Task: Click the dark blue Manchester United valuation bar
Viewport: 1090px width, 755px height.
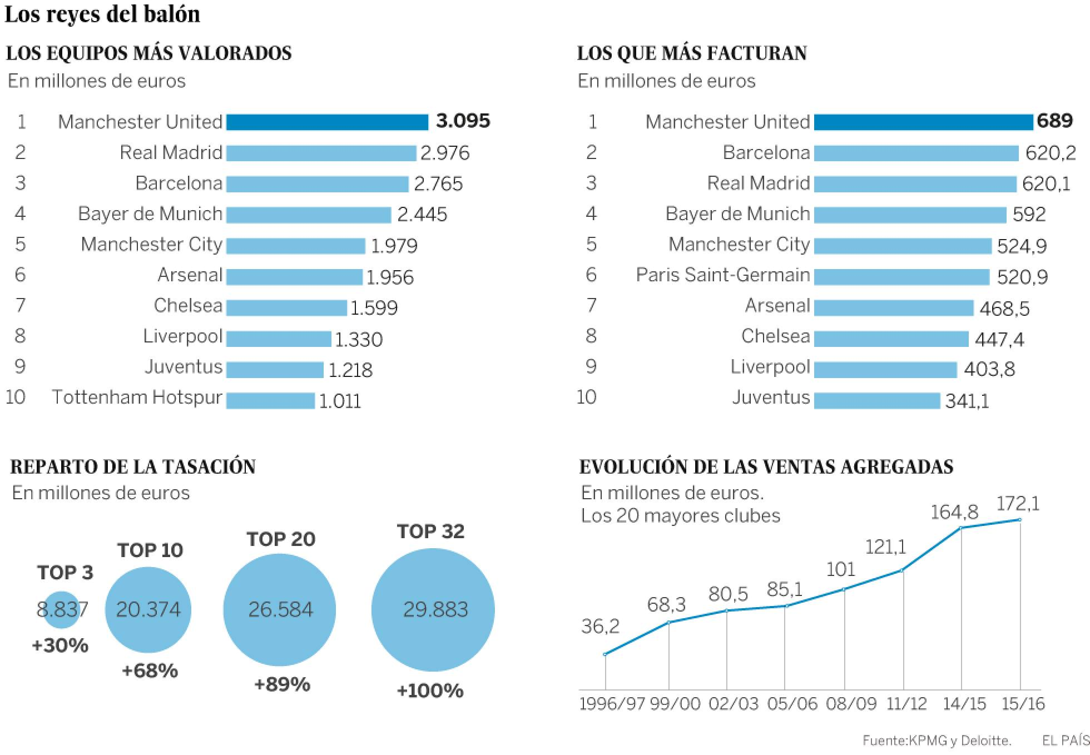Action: point(327,122)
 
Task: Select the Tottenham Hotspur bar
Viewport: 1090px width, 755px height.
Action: point(270,401)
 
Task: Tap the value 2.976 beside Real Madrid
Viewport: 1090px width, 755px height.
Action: point(445,153)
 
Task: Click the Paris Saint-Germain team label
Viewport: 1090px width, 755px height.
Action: point(723,275)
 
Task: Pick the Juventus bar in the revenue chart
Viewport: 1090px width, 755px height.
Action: point(877,401)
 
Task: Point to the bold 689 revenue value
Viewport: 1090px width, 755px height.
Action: point(1055,121)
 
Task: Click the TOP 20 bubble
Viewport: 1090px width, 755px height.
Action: point(280,609)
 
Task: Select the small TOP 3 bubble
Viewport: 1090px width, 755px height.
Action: point(62,609)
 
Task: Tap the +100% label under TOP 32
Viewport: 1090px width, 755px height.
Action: point(430,691)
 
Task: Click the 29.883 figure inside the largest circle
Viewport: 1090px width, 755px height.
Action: point(435,609)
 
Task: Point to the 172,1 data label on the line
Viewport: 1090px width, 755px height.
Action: point(1018,504)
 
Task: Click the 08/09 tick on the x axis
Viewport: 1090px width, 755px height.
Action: point(851,704)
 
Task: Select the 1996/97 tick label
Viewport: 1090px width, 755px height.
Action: point(612,704)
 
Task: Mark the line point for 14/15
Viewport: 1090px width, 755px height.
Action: point(962,528)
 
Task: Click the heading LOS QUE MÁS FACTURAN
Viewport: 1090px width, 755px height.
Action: point(692,53)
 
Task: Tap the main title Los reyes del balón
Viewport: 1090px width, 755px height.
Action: point(102,14)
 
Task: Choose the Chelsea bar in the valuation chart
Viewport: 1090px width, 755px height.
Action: point(286,308)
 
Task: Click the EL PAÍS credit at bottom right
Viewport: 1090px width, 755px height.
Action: point(1066,740)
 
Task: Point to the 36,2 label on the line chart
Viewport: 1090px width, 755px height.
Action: point(600,627)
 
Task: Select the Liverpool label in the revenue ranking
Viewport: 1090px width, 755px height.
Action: point(770,367)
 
